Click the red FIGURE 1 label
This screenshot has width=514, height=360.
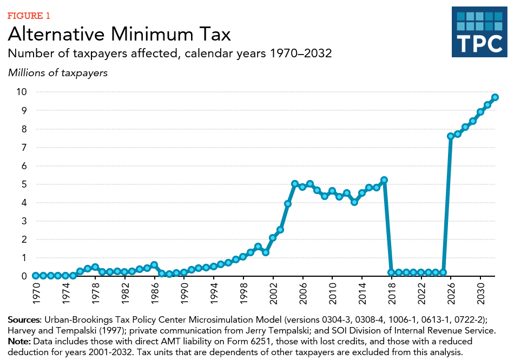pyautogui.click(x=28, y=15)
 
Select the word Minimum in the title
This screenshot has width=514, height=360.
pyautogui.click(x=151, y=35)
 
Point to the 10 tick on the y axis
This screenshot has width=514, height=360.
pyautogui.click(x=21, y=92)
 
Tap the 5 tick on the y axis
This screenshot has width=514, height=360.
pyautogui.click(x=23, y=184)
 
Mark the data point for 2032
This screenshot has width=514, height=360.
pyautogui.click(x=495, y=97)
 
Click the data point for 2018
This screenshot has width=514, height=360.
pyautogui.click(x=391, y=272)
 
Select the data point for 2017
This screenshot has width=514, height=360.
pyautogui.click(x=384, y=179)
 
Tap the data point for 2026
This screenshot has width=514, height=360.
pyautogui.click(x=451, y=136)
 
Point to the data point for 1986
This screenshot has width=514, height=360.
pyautogui.click(x=154, y=265)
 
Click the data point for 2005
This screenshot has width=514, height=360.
pyautogui.click(x=295, y=184)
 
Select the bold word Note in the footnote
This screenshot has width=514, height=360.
pyautogui.click(x=19, y=342)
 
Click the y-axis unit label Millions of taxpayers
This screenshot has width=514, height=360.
pyautogui.click(x=58, y=72)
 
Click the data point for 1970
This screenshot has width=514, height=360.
pyautogui.click(x=36, y=276)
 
